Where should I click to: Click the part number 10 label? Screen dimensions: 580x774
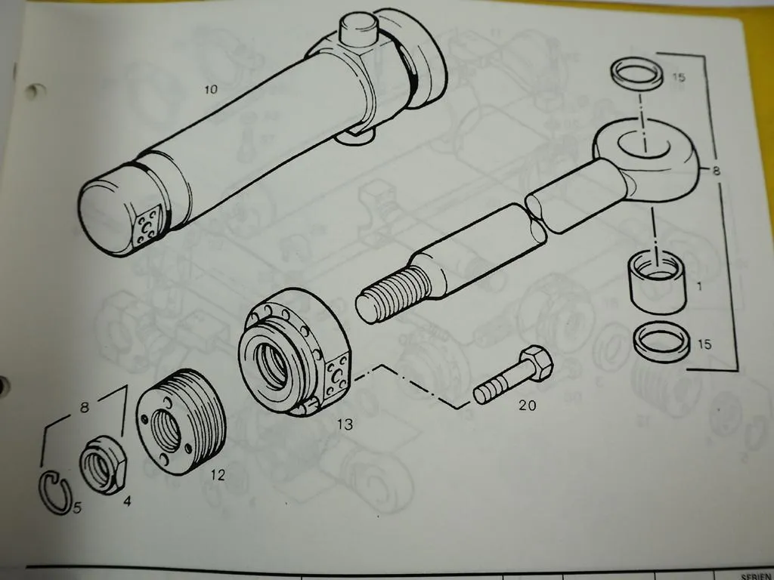tap(210, 90)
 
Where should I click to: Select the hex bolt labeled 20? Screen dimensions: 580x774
tap(514, 375)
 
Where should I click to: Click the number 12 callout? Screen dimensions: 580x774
tap(218, 476)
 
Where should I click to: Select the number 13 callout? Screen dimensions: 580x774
tap(345, 425)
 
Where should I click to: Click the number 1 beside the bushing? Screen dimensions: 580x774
tap(699, 287)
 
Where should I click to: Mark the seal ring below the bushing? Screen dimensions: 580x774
tap(661, 341)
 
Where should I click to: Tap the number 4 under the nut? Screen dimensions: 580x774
tap(126, 500)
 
